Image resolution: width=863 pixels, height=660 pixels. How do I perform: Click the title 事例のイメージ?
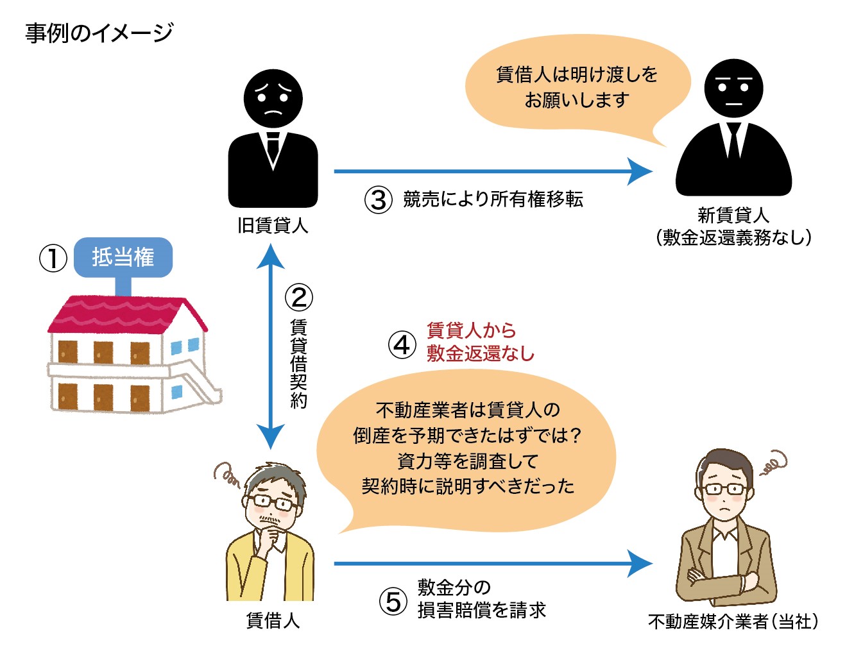click(x=99, y=32)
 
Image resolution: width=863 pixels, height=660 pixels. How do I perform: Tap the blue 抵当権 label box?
click(x=123, y=257)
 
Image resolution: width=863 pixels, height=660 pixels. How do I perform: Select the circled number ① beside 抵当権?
click(x=53, y=258)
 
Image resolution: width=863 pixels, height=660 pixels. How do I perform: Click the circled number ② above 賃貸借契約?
click(x=298, y=298)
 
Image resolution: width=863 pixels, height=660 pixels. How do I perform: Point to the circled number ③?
click(x=379, y=199)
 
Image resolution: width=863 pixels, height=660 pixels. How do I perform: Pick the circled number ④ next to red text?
click(x=402, y=344)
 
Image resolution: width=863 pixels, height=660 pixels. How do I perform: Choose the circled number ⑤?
click(x=393, y=602)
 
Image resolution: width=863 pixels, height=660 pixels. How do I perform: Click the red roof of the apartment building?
click(x=122, y=315)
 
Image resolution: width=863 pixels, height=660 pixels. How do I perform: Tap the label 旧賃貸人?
click(x=273, y=226)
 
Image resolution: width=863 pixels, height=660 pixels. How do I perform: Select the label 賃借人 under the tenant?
click(x=273, y=620)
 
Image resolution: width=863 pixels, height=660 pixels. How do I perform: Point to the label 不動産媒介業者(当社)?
click(x=733, y=622)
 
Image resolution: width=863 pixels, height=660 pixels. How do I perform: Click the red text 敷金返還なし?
click(x=481, y=353)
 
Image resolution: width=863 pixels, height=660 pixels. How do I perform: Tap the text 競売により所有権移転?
click(x=493, y=199)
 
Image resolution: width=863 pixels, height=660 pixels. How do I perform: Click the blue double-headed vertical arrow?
click(x=271, y=346)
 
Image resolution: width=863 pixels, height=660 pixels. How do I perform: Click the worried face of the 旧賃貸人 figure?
click(x=273, y=99)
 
